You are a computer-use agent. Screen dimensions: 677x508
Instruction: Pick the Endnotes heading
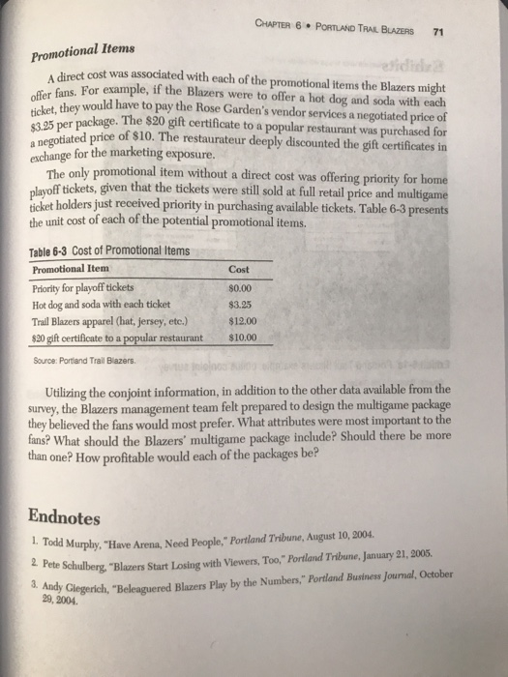tap(63, 515)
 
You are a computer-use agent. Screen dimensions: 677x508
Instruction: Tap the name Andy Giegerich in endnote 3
tap(73, 589)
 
